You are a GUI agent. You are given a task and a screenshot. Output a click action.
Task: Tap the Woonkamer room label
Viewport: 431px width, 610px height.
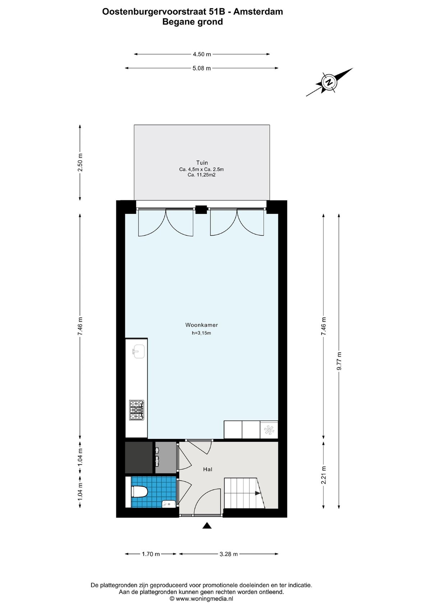[201, 325]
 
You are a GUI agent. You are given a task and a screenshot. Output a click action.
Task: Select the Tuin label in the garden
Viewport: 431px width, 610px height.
[202, 162]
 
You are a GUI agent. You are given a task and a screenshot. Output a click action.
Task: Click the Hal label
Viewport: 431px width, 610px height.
[208, 469]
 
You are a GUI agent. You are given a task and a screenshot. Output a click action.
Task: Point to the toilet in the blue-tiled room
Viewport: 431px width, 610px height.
[139, 491]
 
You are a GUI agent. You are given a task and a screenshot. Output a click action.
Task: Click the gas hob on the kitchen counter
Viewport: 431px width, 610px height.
[136, 410]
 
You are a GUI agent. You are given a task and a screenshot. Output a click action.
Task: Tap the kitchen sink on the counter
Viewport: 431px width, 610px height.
[139, 352]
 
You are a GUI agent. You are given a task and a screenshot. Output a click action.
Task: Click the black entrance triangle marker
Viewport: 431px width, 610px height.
[207, 526]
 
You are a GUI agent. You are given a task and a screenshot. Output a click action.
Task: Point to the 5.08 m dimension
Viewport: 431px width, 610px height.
[201, 68]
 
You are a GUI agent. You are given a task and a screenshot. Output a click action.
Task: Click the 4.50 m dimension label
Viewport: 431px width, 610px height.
[202, 54]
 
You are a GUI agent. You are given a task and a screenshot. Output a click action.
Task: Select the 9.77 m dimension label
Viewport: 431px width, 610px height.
[339, 361]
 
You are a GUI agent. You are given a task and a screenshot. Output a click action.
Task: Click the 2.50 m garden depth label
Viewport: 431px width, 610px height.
[80, 162]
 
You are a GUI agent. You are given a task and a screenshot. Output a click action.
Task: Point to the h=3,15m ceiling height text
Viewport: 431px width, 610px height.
[201, 333]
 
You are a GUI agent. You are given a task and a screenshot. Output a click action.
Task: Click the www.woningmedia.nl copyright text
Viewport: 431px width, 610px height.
[201, 598]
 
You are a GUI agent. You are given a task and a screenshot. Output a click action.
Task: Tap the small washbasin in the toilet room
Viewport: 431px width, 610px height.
[169, 504]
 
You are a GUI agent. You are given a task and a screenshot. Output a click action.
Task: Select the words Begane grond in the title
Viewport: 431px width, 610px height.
[193, 22]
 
